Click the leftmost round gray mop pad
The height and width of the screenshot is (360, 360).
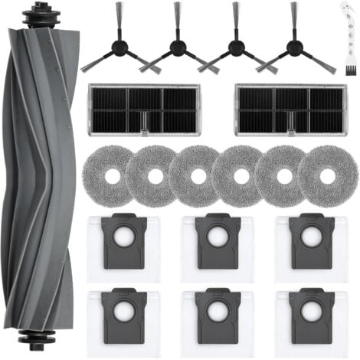pyautogui.click(x=110, y=175)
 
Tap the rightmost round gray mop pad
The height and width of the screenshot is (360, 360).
pyautogui.click(x=328, y=175)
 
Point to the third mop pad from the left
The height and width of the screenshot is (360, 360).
pyautogui.click(x=198, y=175)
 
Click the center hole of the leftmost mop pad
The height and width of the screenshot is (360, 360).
pyautogui.click(x=110, y=175)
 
